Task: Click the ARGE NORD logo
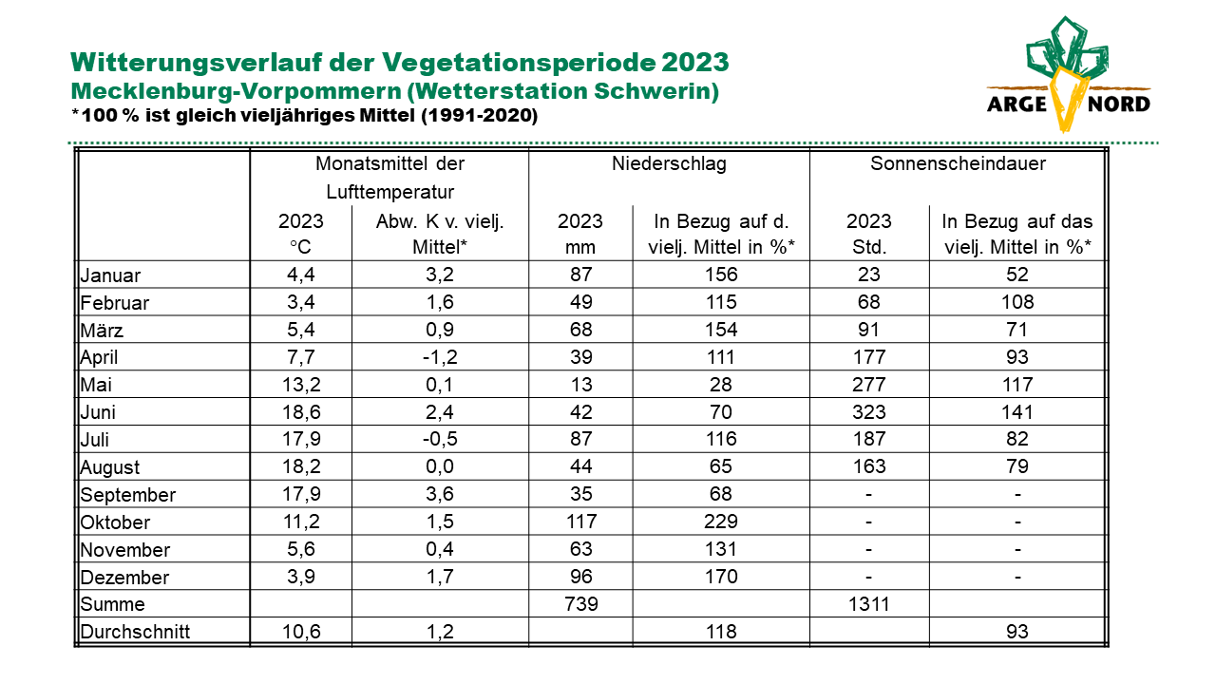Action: [x=1069, y=74]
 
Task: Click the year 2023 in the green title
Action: [x=694, y=63]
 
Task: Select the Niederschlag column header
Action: [x=669, y=163]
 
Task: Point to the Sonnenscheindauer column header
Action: [x=959, y=163]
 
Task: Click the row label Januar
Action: [x=110, y=275]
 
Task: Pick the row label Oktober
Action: [x=115, y=522]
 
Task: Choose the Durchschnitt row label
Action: [x=135, y=632]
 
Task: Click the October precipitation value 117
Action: [x=581, y=522]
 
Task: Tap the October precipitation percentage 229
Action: [x=721, y=522]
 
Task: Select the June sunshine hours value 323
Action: [x=869, y=412]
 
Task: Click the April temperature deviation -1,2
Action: [x=440, y=356]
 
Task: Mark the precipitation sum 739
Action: [x=581, y=604]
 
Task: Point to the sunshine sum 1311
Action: [x=869, y=604]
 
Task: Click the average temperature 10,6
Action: [x=301, y=632]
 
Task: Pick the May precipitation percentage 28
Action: [x=721, y=385]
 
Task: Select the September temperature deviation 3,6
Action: [x=440, y=493]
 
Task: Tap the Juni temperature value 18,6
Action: [x=301, y=412]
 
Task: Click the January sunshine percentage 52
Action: [x=1017, y=275]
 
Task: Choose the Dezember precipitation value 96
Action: [x=581, y=577]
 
